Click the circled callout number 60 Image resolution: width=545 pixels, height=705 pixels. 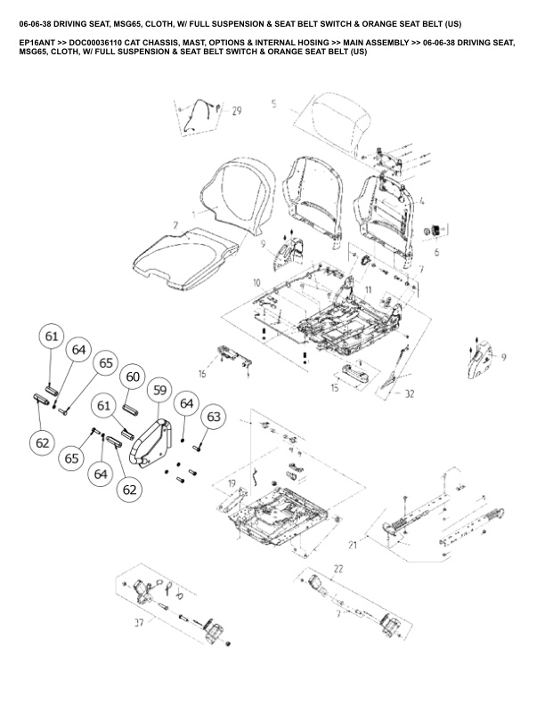pos(132,377)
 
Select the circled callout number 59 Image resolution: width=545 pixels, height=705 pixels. pos(159,390)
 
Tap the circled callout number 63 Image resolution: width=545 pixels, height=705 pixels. pos(214,417)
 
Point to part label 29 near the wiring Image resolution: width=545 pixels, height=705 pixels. pos(236,111)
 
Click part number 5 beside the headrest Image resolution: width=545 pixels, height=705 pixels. pos(274,104)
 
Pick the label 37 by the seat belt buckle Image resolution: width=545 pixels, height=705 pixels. pos(138,623)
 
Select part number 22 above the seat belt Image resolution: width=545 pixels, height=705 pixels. pos(338,567)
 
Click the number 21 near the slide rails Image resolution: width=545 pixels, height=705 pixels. pos(353,544)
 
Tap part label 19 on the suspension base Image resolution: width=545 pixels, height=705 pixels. pos(232,484)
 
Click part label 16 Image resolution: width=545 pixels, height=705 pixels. pos(202,375)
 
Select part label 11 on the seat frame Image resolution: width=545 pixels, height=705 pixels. pos(368,290)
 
